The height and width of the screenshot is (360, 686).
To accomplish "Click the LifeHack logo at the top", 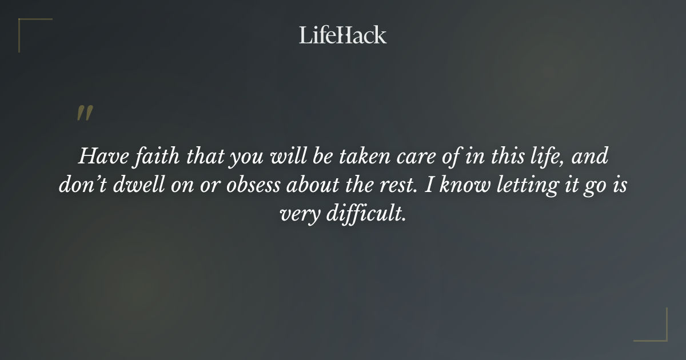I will [343, 35].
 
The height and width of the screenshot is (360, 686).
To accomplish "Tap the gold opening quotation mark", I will [84, 113].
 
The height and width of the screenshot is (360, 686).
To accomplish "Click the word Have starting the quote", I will [98, 156].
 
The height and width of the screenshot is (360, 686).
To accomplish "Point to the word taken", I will [357, 156].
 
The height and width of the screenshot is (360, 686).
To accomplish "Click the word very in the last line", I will [300, 215].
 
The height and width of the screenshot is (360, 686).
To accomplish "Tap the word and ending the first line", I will [588, 156].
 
